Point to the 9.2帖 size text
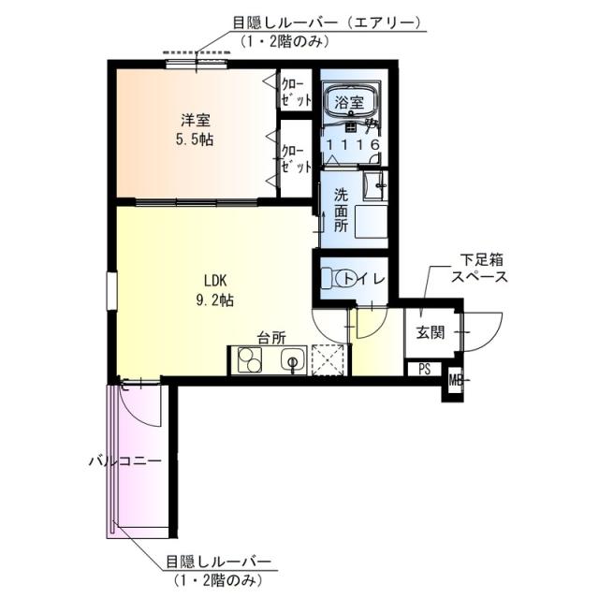coord(216,300)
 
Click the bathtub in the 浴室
coord(352,98)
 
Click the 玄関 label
coord(431,332)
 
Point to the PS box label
coord(424,369)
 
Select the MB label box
coord(454,380)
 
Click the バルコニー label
coord(125,460)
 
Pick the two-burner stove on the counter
coord(251,359)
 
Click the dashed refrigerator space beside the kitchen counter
coord(330,359)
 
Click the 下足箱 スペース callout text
coord(478,267)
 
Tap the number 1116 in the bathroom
coord(353,145)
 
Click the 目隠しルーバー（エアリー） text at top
coord(327,23)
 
